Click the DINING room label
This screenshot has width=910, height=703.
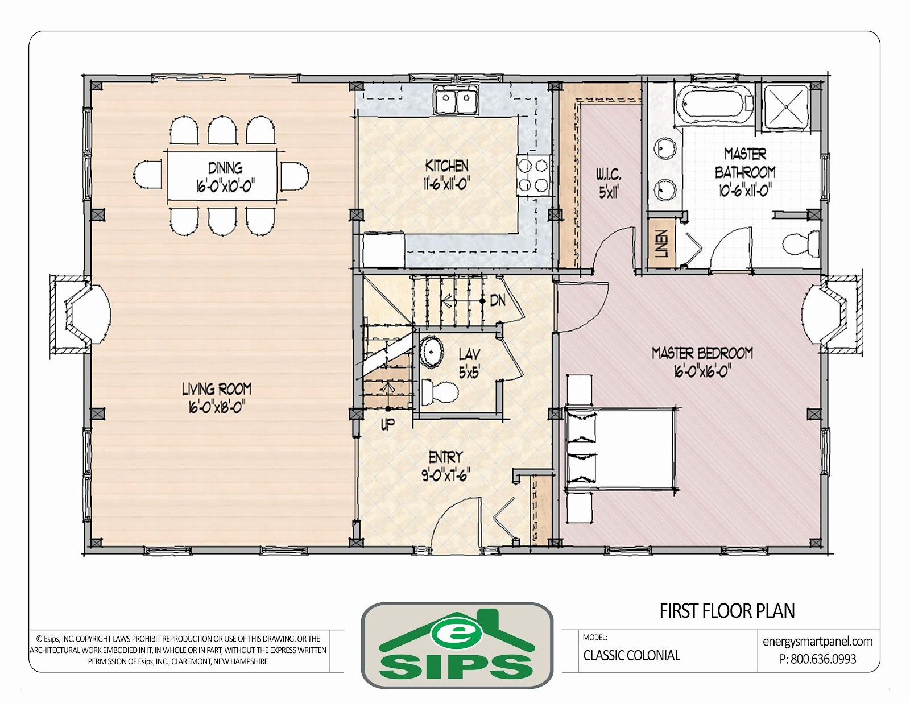click(x=225, y=168)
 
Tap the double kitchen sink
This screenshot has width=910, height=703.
click(x=456, y=100)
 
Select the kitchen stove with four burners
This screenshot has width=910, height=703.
click(x=533, y=175)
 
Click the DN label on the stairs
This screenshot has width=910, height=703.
click(x=498, y=300)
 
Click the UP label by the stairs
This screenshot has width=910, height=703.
click(x=387, y=424)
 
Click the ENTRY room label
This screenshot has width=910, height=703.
click(x=445, y=457)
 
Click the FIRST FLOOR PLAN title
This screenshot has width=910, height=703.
click(x=727, y=611)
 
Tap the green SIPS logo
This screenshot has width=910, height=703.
click(x=457, y=646)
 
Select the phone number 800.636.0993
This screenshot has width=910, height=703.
click(x=824, y=659)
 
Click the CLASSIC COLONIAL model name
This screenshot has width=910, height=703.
click(x=631, y=656)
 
